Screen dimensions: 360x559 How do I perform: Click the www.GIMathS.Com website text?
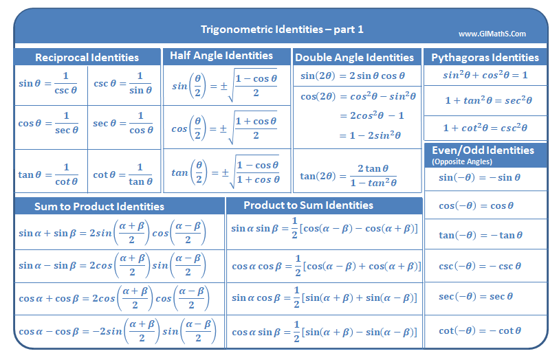click(492, 34)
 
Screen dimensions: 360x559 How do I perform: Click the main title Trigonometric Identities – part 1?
click(282, 29)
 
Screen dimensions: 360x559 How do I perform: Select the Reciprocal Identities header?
click(87, 58)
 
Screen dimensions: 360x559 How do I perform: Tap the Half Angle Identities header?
click(221, 56)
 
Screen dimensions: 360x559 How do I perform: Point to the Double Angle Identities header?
click(355, 58)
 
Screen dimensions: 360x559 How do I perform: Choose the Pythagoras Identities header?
click(485, 57)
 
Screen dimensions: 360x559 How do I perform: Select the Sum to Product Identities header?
click(100, 206)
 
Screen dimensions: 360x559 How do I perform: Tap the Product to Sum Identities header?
click(309, 205)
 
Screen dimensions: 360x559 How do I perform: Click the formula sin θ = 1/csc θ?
click(49, 83)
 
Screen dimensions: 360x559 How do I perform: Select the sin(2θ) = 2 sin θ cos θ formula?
click(353, 76)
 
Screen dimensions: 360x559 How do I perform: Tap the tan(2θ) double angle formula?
click(349, 176)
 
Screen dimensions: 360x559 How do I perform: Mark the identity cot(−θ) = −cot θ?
click(480, 330)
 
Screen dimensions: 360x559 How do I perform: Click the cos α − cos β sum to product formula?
click(116, 332)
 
